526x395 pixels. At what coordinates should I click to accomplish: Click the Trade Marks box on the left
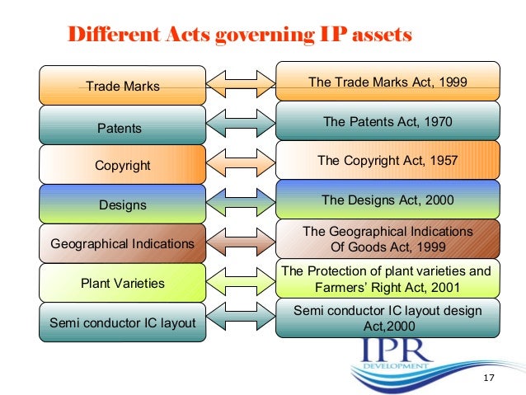(123, 86)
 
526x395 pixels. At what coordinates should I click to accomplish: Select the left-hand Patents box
(123, 128)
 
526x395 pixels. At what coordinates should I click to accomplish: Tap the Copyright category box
(123, 166)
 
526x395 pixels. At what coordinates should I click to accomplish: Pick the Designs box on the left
(123, 205)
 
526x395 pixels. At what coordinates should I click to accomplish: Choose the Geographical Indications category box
(123, 244)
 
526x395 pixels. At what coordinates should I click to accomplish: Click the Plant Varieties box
(123, 283)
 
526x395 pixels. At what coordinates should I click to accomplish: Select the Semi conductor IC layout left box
(123, 322)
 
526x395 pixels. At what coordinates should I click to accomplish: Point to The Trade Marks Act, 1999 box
(387, 82)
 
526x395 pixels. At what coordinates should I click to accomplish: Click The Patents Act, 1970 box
(387, 122)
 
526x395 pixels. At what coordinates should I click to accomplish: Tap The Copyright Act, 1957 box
(387, 161)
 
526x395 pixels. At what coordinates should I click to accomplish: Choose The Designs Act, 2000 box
(387, 200)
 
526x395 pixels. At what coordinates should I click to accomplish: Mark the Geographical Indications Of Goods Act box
(387, 239)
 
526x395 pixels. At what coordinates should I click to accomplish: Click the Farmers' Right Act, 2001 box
(387, 280)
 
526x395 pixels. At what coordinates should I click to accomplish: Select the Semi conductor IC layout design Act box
(387, 317)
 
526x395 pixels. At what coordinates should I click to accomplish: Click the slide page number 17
(488, 379)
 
